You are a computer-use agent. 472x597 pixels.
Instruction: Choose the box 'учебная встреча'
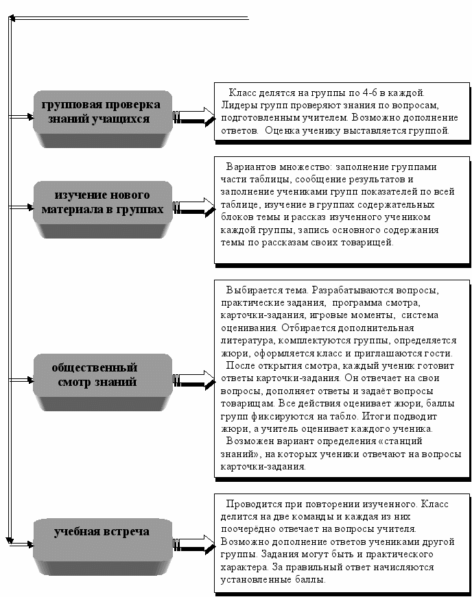click(x=102, y=533)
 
